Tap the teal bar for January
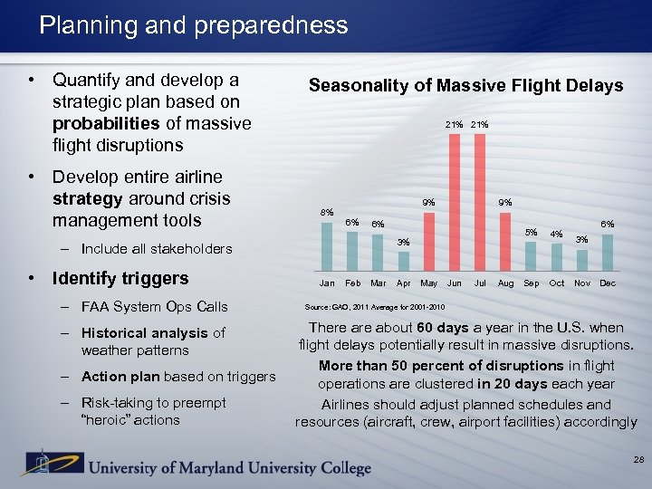tap(327, 245)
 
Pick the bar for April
tap(403, 260)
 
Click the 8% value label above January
tap(327, 213)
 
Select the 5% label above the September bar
tap(532, 233)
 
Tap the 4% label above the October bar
tap(558, 235)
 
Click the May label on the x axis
tap(429, 283)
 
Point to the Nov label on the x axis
tap(582, 283)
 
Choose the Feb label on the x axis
tap(353, 283)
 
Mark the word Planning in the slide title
tap(81, 24)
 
